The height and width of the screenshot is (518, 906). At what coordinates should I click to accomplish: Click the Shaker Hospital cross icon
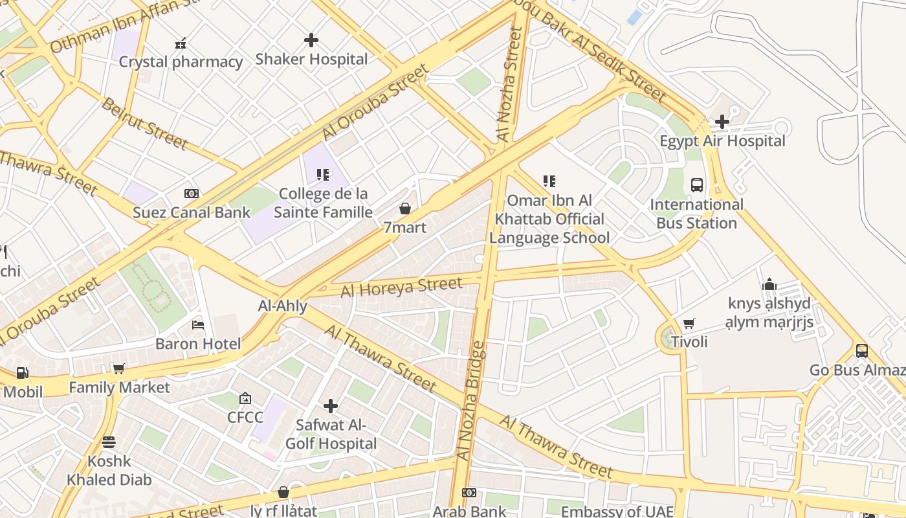click(x=311, y=40)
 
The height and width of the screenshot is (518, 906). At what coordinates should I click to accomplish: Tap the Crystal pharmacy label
click(x=181, y=62)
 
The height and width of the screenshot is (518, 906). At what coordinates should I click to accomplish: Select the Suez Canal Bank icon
click(x=191, y=194)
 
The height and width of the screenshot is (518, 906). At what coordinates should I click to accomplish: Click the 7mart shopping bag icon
click(x=405, y=208)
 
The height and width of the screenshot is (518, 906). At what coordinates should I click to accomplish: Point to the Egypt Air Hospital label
click(x=722, y=141)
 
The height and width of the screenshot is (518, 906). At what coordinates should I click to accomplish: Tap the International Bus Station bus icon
click(x=697, y=185)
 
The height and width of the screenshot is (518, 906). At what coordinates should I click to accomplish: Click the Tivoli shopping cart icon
click(x=689, y=323)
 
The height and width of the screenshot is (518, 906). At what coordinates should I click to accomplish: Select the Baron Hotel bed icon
click(x=198, y=324)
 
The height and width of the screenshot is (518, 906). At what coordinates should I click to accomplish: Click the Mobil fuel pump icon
click(x=22, y=373)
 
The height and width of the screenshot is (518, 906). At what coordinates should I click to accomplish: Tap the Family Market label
click(x=119, y=388)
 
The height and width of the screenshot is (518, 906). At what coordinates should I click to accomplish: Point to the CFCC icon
click(x=245, y=398)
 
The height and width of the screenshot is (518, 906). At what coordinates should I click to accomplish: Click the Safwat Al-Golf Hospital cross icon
click(x=331, y=406)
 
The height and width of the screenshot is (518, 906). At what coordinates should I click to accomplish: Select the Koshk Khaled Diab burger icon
click(x=109, y=442)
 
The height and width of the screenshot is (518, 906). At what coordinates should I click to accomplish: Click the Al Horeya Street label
click(x=402, y=286)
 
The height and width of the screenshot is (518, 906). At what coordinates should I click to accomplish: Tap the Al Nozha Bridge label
click(x=470, y=401)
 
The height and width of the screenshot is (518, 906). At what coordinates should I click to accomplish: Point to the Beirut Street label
click(x=144, y=123)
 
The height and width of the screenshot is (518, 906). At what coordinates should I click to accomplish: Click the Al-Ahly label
click(x=283, y=306)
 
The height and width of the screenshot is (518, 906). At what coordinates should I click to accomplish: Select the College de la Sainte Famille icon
click(x=323, y=174)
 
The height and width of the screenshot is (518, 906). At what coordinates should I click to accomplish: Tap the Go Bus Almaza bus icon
click(x=862, y=350)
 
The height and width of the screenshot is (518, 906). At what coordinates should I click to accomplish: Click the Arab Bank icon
click(x=469, y=493)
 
